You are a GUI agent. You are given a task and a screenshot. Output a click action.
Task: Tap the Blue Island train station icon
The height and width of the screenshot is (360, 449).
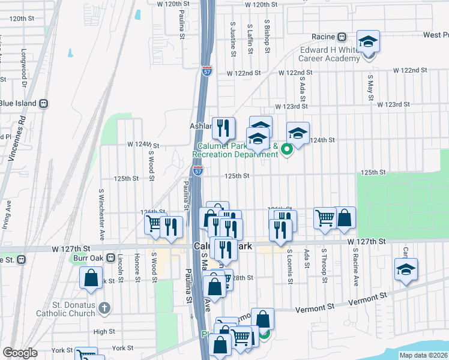tap(43, 103)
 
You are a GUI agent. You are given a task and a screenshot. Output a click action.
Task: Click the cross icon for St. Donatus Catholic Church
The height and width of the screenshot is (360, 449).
tap(104, 308)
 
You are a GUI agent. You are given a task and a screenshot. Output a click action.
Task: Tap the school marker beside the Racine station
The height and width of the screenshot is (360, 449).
tap(368, 42)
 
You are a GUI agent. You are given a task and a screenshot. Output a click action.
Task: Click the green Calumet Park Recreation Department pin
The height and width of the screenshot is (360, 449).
tap(286, 149)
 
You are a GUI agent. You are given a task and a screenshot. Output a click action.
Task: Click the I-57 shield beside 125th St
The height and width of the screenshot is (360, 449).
tap(198, 171)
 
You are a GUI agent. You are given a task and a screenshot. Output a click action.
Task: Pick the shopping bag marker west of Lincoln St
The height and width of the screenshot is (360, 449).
tap(91, 278)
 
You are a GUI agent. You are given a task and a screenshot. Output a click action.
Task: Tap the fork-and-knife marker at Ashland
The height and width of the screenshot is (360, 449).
tap(223, 128)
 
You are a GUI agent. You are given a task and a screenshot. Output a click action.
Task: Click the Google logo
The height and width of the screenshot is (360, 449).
tap(20, 353)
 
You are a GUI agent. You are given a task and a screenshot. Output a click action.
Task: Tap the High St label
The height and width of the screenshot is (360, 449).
tap(104, 331)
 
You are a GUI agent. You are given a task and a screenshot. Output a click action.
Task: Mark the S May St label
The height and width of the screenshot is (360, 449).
tap(370, 88)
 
